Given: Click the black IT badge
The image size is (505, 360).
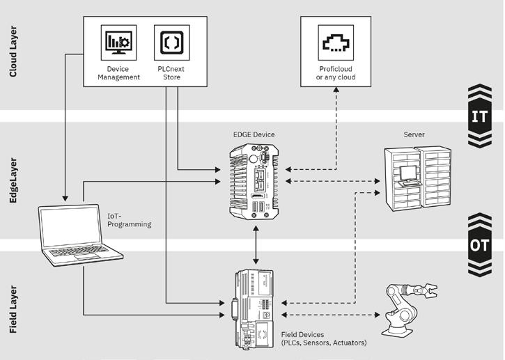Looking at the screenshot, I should coord(479,116).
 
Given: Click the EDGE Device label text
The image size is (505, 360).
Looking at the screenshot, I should coord(254,134).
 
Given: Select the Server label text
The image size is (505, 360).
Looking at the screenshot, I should coord(414,134).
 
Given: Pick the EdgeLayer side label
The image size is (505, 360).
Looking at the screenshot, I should coord(14,180).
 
